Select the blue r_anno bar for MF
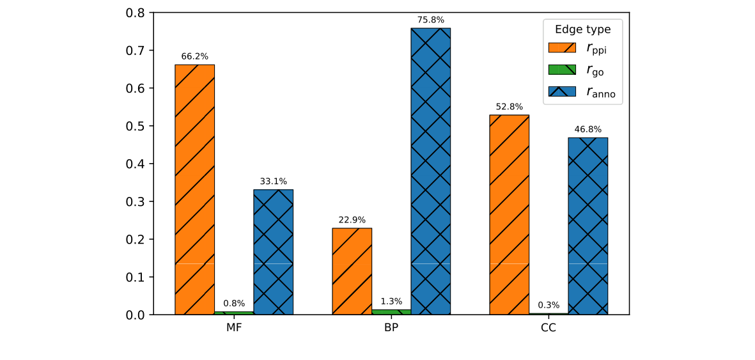coord(273,252)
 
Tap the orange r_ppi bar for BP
coord(352,271)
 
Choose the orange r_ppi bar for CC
coord(509,215)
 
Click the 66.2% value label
coord(194,56)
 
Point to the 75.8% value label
coord(430,20)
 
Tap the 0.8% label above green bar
coord(234,304)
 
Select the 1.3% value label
coord(391,302)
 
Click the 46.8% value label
coord(588,129)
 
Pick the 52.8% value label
coord(509,107)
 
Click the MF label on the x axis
coord(234,328)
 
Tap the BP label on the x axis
coord(391,328)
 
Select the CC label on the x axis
coord(549,328)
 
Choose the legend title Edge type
coord(582,29)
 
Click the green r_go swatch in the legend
coord(563,70)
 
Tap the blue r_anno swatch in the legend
coord(563,91)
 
